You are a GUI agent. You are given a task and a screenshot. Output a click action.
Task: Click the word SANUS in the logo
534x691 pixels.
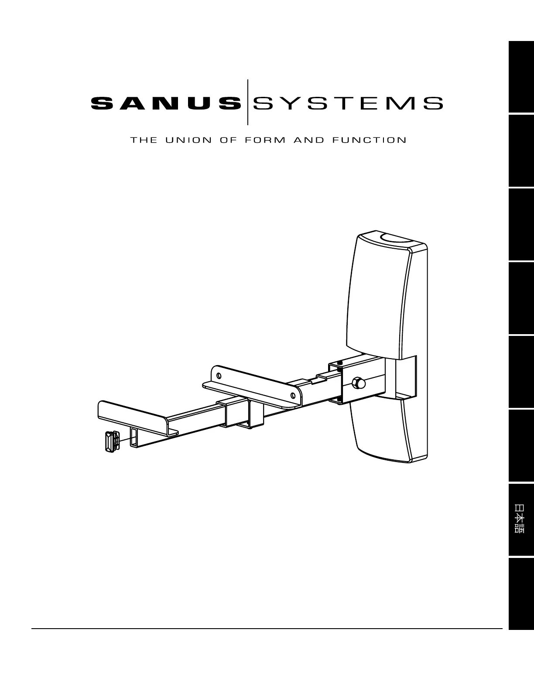click(165, 103)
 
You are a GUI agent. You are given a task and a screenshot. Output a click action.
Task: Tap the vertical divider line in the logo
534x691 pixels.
click(248, 102)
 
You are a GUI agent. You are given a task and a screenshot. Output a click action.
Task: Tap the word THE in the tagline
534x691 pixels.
click(142, 140)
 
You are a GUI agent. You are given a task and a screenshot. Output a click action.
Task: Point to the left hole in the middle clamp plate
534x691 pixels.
click(219, 376)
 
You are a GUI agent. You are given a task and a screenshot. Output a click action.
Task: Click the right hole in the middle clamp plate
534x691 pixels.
click(293, 396)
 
